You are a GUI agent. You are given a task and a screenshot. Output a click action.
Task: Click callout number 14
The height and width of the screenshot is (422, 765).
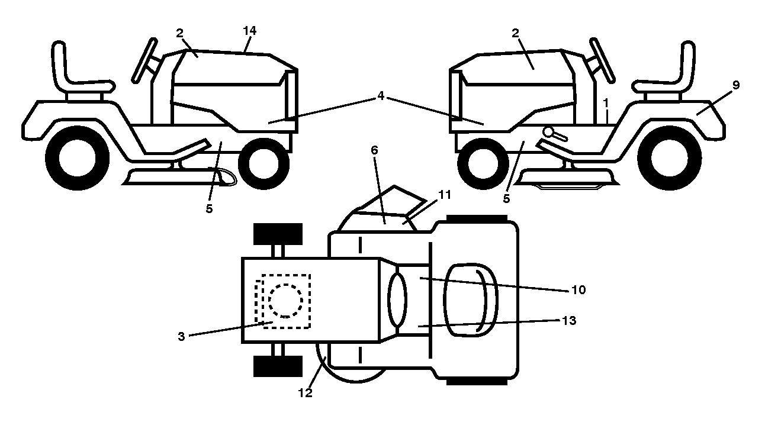[x=250, y=31]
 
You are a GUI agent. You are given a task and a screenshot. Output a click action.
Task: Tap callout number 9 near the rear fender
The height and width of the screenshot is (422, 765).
[x=736, y=85]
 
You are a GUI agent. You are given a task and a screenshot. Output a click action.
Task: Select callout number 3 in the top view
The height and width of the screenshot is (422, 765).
[x=181, y=336]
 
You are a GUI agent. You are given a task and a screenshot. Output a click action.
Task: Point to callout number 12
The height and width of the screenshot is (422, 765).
[x=306, y=393]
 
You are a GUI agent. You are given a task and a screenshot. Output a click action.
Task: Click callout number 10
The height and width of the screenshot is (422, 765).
[x=578, y=290]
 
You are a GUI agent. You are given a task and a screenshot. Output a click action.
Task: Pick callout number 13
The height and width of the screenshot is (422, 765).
[x=569, y=320]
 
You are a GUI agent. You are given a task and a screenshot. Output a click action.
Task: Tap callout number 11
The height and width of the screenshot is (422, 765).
[x=444, y=195]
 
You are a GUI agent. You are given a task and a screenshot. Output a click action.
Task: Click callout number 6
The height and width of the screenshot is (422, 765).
[x=375, y=150]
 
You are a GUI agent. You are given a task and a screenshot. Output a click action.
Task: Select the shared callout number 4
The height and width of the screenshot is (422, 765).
[x=381, y=96]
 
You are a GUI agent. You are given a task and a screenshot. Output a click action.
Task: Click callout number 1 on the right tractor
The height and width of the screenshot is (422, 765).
[x=606, y=103]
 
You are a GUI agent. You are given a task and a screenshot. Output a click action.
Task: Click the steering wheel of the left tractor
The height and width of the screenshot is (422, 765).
[x=144, y=60]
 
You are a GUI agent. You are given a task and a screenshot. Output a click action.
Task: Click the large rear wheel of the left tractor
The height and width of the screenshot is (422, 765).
[x=78, y=158]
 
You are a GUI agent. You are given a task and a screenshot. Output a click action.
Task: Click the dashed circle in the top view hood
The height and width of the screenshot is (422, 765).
[x=285, y=301]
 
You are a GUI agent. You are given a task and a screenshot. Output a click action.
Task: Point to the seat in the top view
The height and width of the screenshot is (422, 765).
[x=470, y=300]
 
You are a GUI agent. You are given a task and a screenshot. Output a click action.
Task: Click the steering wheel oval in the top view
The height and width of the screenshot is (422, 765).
[x=397, y=299]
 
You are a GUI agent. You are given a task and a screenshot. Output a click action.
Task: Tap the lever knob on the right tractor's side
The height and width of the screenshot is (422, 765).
[x=548, y=131]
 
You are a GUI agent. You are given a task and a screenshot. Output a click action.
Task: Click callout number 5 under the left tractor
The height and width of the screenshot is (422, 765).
[x=209, y=208]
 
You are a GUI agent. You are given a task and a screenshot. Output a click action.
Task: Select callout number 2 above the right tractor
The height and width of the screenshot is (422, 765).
[x=515, y=33]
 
